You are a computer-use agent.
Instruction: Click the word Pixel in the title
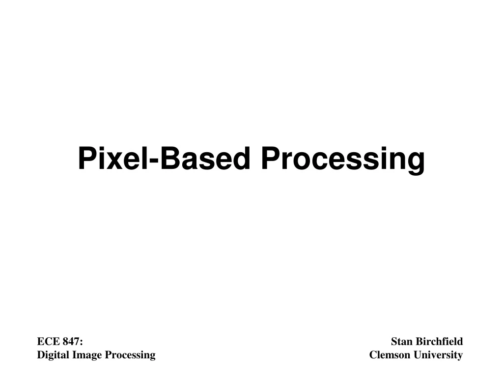click(113, 159)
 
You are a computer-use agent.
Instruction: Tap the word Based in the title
click(206, 159)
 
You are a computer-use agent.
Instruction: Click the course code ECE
click(47, 342)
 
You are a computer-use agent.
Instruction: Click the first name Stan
click(400, 342)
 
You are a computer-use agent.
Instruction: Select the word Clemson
click(389, 355)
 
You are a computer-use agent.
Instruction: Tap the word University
click(437, 355)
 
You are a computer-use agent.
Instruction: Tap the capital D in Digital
click(41, 355)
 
